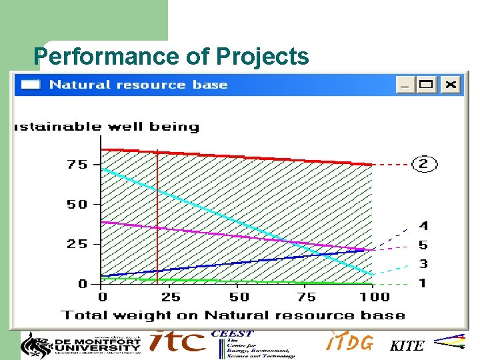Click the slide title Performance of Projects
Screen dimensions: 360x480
tap(171, 57)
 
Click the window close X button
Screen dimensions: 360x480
tap(451, 85)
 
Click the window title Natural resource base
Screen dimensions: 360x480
tap(138, 85)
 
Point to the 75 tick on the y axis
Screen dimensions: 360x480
tap(77, 165)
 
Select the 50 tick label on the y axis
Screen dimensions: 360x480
tap(77, 205)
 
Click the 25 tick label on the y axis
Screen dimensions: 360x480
tap(77, 244)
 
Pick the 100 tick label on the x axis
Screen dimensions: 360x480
tap(375, 297)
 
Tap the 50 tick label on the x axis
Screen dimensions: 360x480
tap(239, 297)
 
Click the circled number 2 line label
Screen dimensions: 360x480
tap(425, 164)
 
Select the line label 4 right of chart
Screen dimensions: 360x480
tap(423, 227)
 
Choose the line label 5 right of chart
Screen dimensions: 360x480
tap(423, 245)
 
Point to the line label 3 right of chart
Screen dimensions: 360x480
tap(423, 264)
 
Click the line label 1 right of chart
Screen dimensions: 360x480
tap(423, 283)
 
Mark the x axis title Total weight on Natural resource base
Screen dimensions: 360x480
tap(233, 315)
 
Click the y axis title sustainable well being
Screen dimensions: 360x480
tap(107, 127)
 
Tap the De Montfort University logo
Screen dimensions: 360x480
tap(81, 344)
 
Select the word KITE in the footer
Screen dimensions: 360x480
tap(407, 345)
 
